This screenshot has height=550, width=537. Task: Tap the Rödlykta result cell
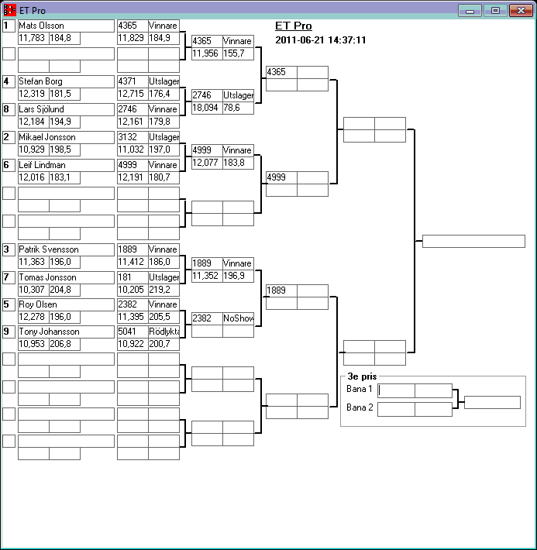point(164,332)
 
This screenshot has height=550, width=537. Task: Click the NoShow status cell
point(238,318)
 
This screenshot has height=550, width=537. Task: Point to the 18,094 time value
point(207,108)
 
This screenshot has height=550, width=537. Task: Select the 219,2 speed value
point(164,289)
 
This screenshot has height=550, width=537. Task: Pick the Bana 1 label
point(360,389)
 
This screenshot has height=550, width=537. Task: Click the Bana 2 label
point(360,407)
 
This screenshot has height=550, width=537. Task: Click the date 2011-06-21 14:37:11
point(321,40)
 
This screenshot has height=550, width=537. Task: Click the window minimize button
point(470,11)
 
